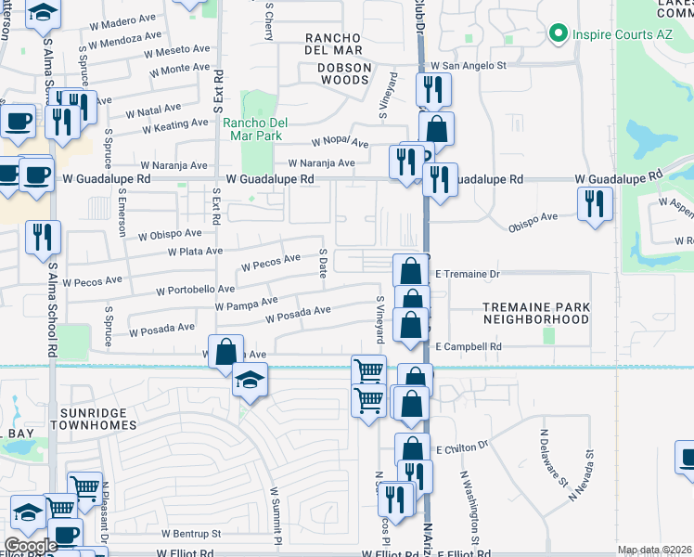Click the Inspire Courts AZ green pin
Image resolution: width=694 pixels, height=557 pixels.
[558, 34]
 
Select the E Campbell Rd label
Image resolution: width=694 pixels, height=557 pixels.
[469, 347]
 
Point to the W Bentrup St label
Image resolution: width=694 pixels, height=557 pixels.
[190, 534]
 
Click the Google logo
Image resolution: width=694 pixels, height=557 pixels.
[31, 546]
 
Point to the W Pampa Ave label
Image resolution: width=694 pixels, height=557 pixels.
[246, 303]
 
